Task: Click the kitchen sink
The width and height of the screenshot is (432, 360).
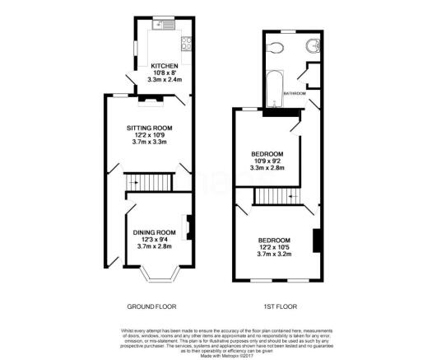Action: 169,26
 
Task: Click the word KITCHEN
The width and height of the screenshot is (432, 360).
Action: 164,66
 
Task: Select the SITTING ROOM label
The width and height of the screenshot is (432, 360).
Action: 149,128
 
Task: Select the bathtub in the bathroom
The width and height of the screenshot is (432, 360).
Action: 274,87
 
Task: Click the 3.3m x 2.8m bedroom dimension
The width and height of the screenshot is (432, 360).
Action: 267,168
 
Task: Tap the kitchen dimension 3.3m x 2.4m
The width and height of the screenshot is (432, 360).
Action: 164,80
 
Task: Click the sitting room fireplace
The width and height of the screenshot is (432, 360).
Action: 149,101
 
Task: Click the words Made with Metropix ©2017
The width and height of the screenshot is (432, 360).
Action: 216,354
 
